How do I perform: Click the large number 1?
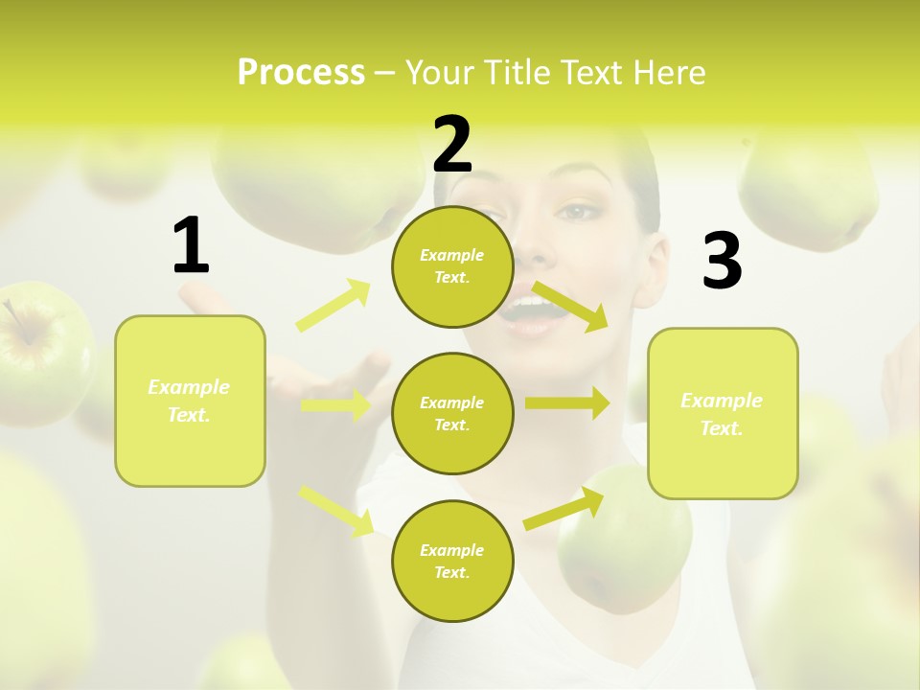pyautogui.click(x=191, y=246)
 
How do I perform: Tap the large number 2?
pyautogui.click(x=452, y=144)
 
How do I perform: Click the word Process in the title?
pyautogui.click(x=301, y=72)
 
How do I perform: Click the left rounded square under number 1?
pyautogui.click(x=190, y=401)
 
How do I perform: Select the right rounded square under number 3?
pyautogui.click(x=723, y=414)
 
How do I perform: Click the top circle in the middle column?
pyautogui.click(x=452, y=266)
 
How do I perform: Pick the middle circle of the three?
pyautogui.click(x=452, y=413)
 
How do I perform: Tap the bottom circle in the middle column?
pyautogui.click(x=452, y=561)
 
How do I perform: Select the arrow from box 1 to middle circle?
pyautogui.click(x=335, y=405)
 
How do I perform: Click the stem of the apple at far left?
pyautogui.click(x=16, y=320)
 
